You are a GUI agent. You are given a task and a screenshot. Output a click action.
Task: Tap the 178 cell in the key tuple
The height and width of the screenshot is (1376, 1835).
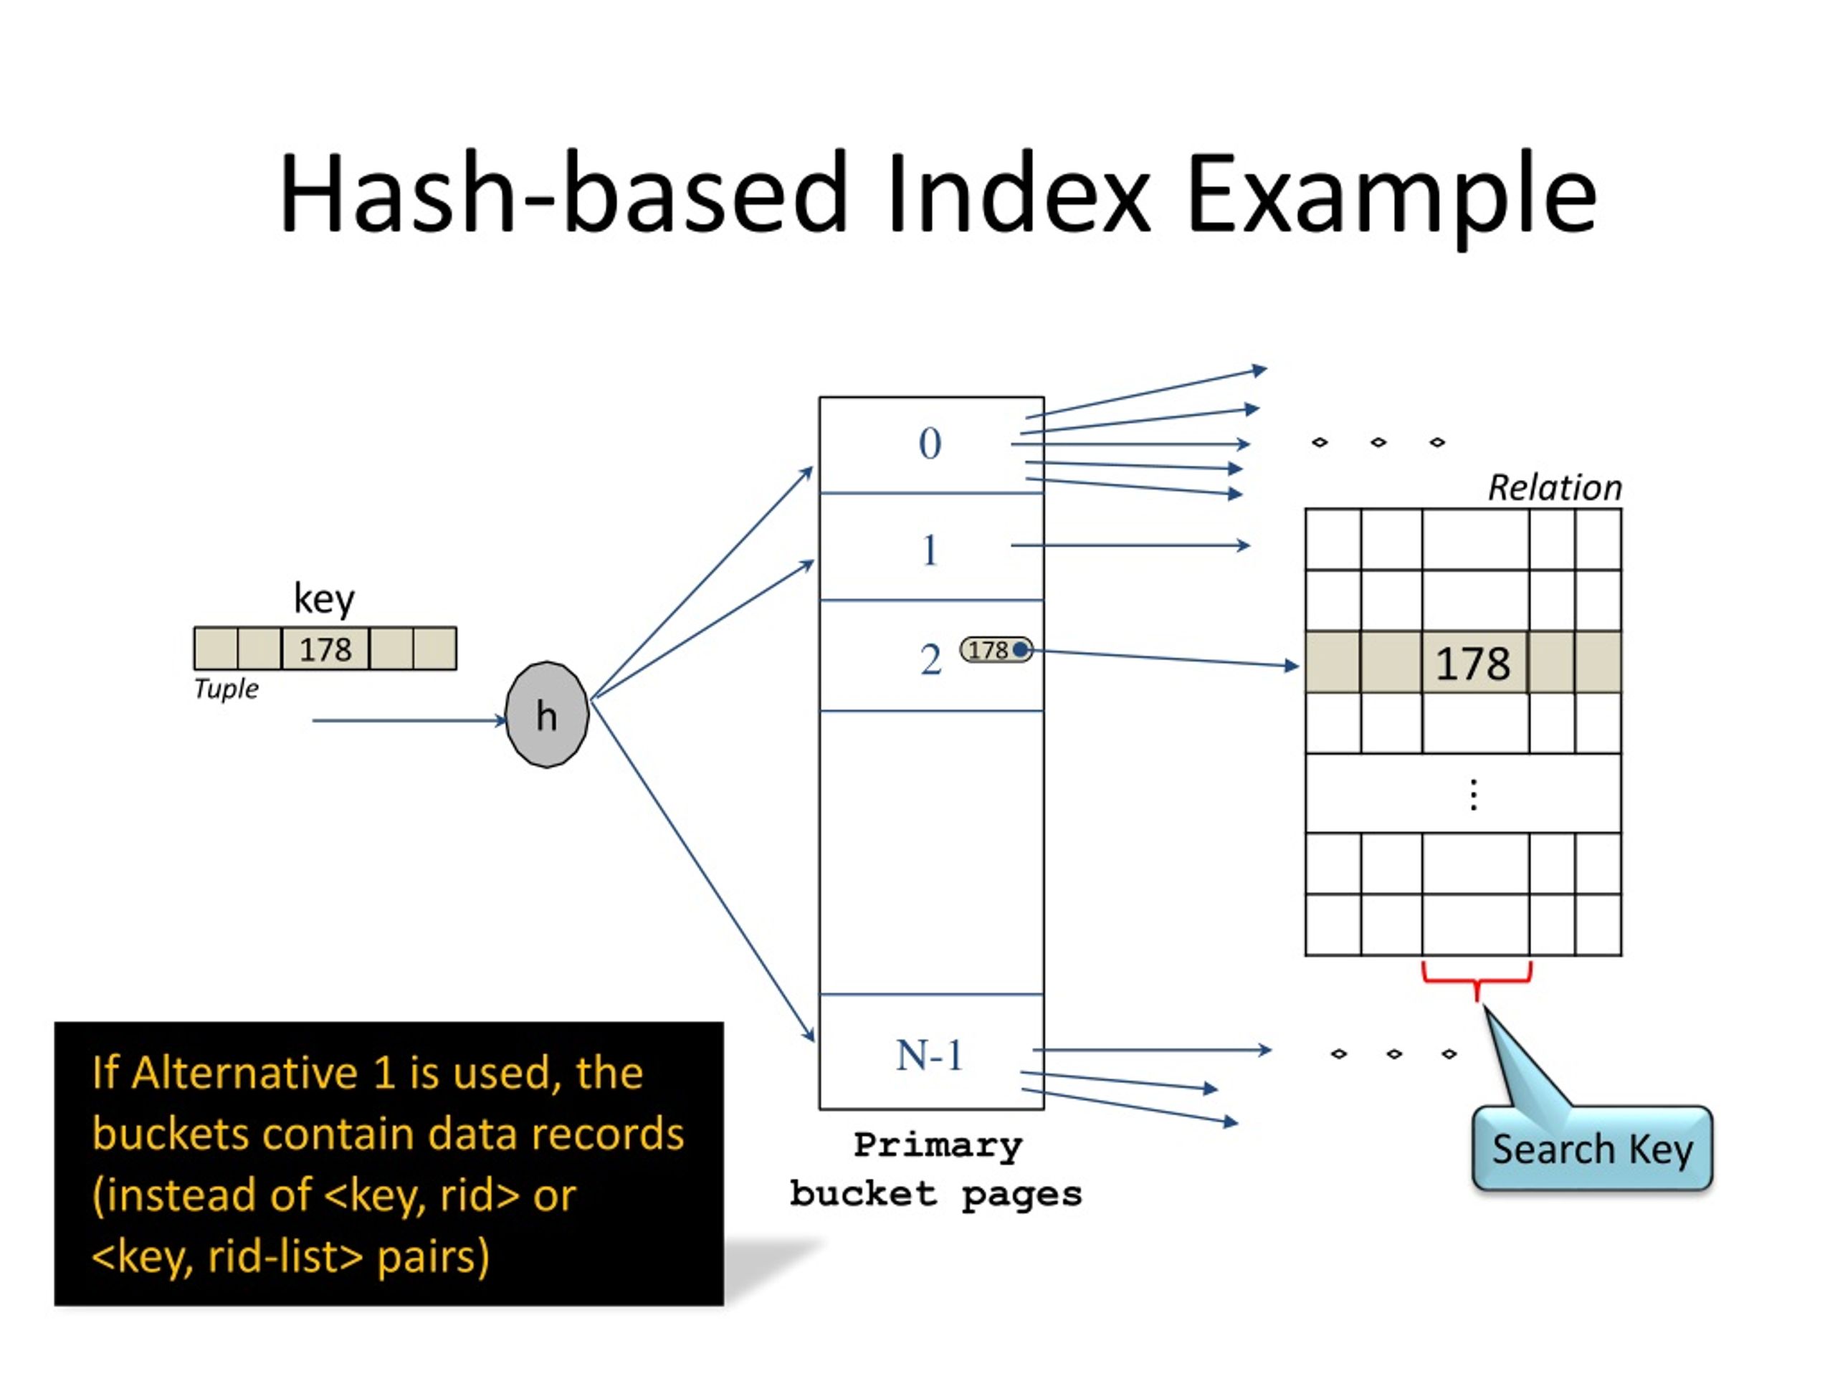tap(325, 649)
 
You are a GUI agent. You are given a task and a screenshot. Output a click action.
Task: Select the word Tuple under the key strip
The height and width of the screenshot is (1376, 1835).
tap(226, 689)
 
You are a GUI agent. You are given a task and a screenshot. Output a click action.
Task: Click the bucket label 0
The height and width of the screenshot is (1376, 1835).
tap(930, 444)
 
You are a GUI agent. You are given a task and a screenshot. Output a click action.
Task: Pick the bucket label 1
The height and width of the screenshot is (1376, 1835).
tap(930, 550)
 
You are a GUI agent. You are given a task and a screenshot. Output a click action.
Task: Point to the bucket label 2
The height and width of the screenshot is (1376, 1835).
tap(931, 660)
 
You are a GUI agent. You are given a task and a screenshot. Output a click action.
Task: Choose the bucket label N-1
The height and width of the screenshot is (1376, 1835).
tap(930, 1056)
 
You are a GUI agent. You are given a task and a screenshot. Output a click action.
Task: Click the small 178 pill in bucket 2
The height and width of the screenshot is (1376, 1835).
tap(996, 649)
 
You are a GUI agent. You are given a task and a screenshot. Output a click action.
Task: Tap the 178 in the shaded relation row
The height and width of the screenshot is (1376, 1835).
tap(1472, 664)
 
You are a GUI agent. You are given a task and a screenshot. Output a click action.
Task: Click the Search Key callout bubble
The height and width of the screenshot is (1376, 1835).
tap(1592, 1149)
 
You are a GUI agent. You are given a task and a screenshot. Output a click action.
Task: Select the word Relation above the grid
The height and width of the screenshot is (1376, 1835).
tap(1555, 488)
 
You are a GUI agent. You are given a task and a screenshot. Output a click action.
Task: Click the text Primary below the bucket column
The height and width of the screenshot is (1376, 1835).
tap(938, 1146)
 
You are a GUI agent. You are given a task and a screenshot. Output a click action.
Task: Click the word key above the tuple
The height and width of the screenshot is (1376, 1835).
tap(325, 598)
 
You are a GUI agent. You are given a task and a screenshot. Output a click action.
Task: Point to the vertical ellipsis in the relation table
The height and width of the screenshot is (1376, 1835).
tap(1473, 795)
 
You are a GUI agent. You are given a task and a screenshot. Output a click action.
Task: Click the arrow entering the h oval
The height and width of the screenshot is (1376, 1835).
tap(409, 721)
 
